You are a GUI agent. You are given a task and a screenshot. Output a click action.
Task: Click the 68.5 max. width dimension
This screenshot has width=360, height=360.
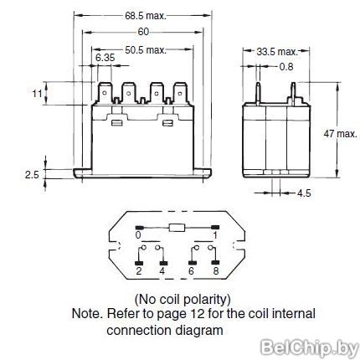point(146,16)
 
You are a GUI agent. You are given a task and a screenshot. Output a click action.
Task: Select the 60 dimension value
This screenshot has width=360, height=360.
point(143,32)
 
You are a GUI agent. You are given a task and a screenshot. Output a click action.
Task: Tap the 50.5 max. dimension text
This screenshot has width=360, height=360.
point(146,50)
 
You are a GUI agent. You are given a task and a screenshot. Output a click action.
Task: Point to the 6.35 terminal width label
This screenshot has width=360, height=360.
point(105,58)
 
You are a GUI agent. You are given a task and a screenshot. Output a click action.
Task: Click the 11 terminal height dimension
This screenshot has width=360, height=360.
point(37,94)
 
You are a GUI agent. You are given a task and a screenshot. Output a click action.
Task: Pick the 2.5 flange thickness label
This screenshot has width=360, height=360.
point(32,175)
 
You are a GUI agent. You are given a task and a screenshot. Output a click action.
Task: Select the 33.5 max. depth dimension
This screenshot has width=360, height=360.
point(277,52)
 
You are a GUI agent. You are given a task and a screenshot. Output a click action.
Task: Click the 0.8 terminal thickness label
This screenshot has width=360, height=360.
point(286,67)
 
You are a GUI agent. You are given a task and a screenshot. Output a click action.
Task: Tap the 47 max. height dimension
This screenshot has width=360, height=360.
point(340,134)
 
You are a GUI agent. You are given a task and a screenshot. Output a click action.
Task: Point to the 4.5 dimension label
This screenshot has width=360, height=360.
point(304,193)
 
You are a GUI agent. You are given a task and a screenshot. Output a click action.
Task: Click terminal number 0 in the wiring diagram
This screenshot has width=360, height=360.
point(138,235)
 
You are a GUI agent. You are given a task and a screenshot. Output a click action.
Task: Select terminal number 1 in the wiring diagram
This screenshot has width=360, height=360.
point(215,235)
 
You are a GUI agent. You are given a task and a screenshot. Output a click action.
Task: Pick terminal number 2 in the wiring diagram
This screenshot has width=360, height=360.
point(139,270)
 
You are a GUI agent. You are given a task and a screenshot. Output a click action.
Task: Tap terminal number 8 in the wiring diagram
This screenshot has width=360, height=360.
point(216,270)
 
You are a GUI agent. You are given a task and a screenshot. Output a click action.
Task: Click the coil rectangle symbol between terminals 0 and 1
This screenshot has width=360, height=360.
point(177,228)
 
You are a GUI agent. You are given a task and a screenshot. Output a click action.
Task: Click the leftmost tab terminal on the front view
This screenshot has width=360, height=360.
point(104,94)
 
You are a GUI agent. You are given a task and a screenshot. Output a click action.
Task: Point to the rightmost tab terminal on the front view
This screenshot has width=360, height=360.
point(181,94)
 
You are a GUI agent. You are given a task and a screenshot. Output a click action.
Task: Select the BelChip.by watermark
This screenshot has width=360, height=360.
point(310,348)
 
